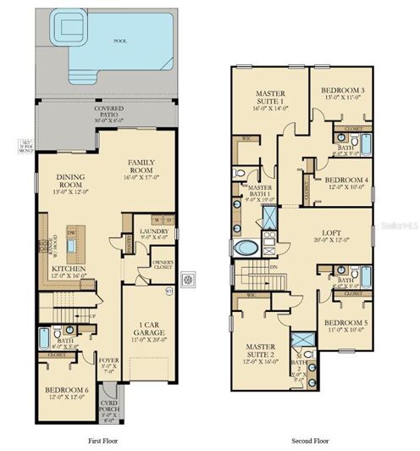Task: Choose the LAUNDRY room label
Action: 154,230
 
